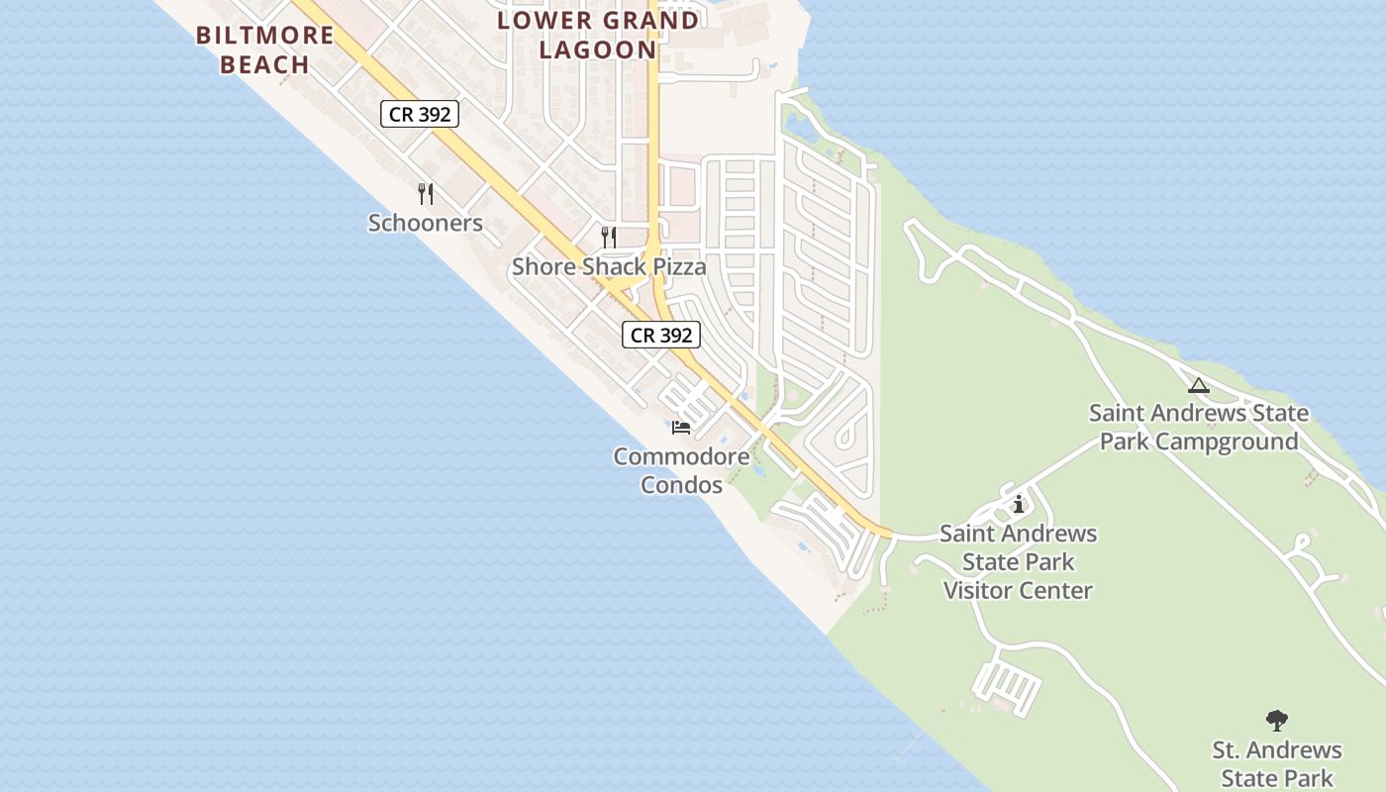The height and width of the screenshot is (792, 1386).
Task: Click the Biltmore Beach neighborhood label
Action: (x=265, y=49)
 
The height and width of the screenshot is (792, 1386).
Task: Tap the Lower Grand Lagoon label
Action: (x=597, y=35)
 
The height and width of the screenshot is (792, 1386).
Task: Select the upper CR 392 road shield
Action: (x=420, y=114)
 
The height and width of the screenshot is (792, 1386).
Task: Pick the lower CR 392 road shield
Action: (x=661, y=335)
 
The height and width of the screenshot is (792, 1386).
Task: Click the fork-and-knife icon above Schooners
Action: (x=426, y=193)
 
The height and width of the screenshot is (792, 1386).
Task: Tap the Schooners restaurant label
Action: (x=426, y=223)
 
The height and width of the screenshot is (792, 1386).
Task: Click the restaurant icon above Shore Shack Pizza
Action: (x=609, y=237)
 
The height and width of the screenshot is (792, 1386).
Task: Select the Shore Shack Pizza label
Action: (x=609, y=266)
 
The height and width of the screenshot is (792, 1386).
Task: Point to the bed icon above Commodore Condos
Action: (x=681, y=428)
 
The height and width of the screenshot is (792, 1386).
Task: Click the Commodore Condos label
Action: (x=681, y=470)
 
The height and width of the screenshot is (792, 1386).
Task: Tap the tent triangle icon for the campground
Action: (x=1199, y=385)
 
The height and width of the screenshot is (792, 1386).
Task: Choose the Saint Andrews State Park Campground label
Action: (x=1199, y=427)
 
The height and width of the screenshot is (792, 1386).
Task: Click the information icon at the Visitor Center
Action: (x=1019, y=505)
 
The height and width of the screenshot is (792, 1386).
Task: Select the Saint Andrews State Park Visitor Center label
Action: (x=1019, y=561)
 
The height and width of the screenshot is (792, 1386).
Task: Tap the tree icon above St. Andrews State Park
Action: (x=1277, y=720)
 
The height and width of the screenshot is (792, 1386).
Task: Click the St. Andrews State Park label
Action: (x=1277, y=763)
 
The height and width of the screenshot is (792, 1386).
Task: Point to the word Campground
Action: (x=1227, y=442)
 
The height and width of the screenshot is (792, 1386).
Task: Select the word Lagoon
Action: (x=597, y=49)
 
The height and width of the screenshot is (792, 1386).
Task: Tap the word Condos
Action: (x=681, y=485)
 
